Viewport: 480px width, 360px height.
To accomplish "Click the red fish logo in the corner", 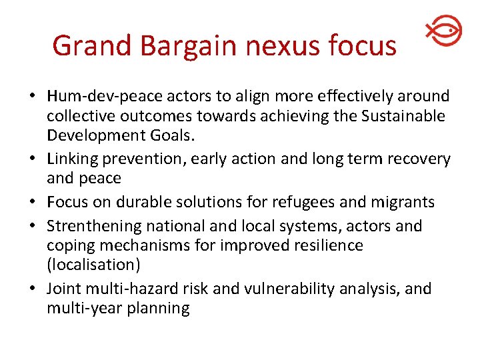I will [443, 31].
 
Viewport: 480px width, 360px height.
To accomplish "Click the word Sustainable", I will [403, 116].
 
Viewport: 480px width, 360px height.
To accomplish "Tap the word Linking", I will [71, 159].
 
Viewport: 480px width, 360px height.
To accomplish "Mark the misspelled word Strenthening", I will [92, 226].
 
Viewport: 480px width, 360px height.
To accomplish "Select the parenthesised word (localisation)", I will [93, 265].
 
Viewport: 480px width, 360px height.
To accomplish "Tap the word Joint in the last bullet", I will [64, 289].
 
